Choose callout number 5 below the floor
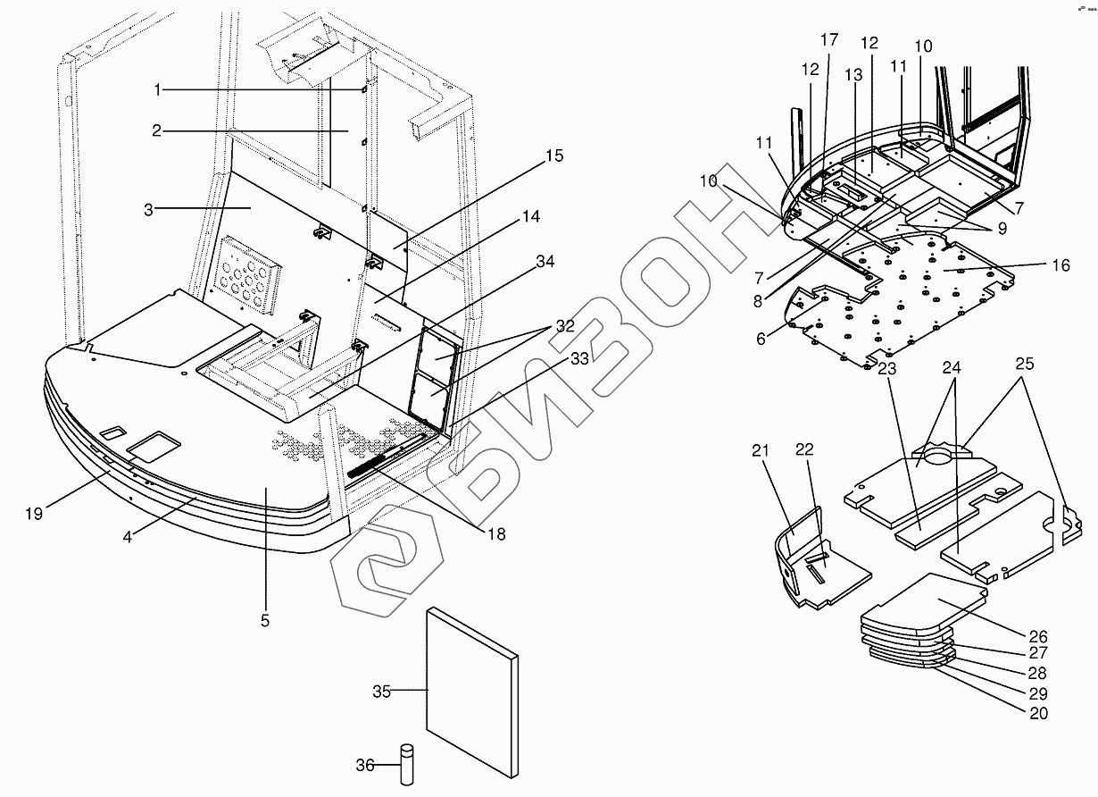(265, 619)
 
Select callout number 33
(579, 359)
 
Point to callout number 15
(555, 155)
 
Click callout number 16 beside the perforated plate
(1060, 265)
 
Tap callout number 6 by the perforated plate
(761, 340)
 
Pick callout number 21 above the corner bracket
(759, 450)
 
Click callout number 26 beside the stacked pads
(1037, 637)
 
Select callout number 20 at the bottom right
(1038, 713)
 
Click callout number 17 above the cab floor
(829, 39)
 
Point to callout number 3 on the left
(149, 209)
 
